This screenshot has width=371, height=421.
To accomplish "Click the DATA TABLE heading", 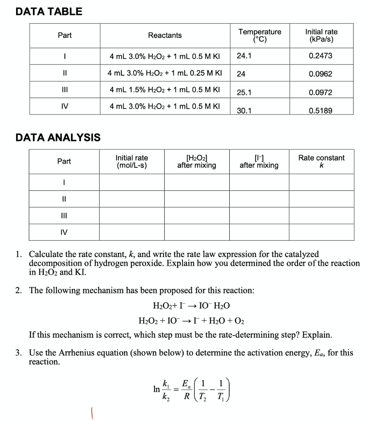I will [49, 12].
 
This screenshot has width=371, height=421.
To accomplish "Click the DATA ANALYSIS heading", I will [58, 137].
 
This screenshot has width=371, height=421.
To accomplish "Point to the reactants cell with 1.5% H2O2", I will [165, 90].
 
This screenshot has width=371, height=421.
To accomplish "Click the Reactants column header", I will [165, 36].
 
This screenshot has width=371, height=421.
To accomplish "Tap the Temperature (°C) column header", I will [260, 36].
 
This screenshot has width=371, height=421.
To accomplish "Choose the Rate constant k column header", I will [321, 161].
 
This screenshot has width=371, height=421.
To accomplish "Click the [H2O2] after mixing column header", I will [196, 161].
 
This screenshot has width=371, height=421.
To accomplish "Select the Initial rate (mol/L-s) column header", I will [131, 161].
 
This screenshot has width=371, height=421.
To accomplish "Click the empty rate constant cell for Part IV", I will [321, 232].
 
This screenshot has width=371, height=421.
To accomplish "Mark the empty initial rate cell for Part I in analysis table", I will [131, 183].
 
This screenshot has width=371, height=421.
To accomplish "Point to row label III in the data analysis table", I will [64, 215].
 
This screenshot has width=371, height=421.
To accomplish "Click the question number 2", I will [18, 291].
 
